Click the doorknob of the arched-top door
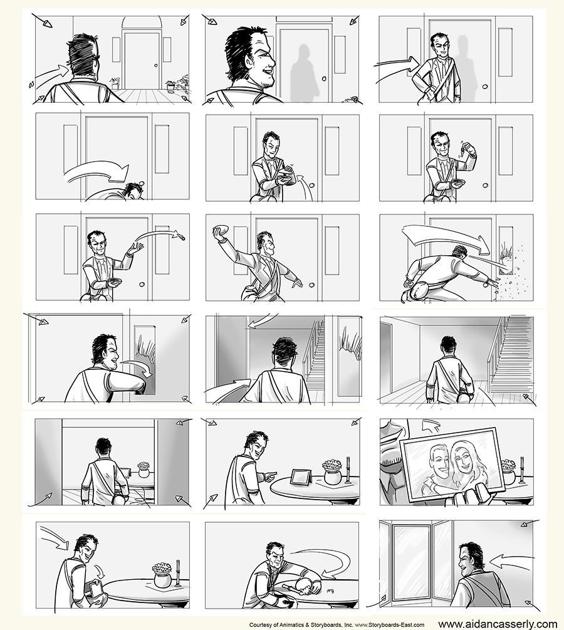point(155,65)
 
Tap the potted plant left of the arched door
point(115,83)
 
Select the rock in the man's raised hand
point(220,231)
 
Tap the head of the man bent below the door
point(133,191)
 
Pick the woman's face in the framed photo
point(464,458)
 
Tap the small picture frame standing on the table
point(300,477)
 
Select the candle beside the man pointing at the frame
point(348,469)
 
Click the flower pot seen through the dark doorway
point(144,470)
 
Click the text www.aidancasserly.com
point(498,624)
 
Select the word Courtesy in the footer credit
point(259,625)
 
